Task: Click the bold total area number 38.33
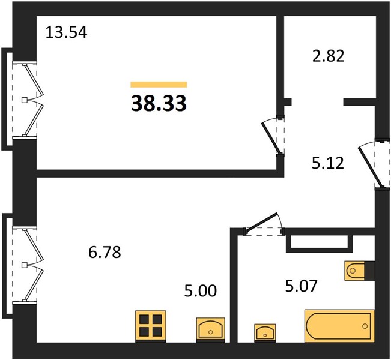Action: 159,103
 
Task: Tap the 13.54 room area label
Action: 66,32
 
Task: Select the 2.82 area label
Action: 328,56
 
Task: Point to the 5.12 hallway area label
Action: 328,163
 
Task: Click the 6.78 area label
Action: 105,252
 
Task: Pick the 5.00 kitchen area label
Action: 201,291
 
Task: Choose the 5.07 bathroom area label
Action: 301,286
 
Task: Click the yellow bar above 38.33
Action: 159,85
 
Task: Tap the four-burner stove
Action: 151,326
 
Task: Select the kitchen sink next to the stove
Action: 211,329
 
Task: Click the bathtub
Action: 339,326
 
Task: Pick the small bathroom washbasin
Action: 265,333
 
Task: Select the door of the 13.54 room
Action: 273,135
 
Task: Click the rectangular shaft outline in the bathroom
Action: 319,241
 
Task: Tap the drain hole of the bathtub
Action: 365,326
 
